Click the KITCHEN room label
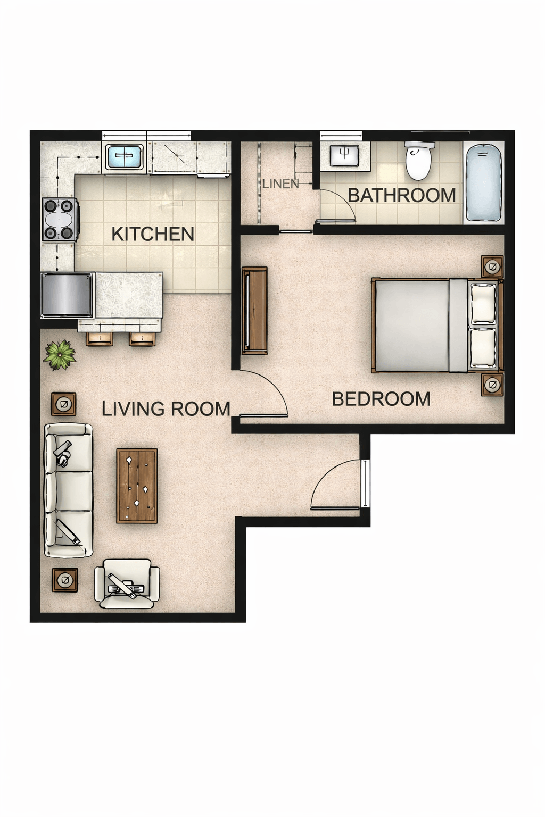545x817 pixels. point(153,234)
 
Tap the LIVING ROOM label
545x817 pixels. point(166,408)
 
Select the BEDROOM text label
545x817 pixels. point(381,399)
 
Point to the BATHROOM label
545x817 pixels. point(402,195)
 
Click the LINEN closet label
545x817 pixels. point(280,184)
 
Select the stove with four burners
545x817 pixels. point(59,219)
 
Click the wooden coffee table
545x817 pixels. point(137,486)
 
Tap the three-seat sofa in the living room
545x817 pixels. point(68,490)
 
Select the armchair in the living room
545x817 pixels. point(127,584)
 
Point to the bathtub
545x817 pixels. point(484,183)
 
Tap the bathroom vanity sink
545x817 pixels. point(344,156)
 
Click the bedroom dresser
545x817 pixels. point(254,310)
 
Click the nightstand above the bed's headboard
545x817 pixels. point(492,266)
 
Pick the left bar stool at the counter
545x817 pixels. point(100,338)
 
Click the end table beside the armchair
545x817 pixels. point(65,580)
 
